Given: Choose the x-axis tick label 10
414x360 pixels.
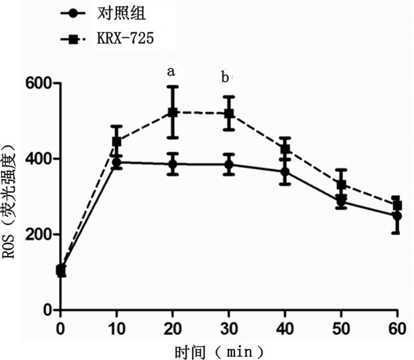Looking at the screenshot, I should (117, 327).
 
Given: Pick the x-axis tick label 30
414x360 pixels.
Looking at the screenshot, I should (229, 327).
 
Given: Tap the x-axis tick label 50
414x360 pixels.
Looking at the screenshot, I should (341, 327).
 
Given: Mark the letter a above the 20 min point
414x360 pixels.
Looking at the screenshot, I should (171, 72).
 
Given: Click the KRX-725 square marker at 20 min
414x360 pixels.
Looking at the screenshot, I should (173, 112).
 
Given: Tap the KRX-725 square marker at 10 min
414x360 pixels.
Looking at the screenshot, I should (117, 142).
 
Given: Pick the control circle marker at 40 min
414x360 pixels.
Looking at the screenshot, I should (285, 172).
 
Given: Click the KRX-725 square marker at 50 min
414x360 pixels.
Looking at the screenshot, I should (341, 185).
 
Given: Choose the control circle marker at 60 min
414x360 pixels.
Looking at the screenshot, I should (397, 216).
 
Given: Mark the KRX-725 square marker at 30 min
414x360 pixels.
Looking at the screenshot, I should (229, 113).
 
